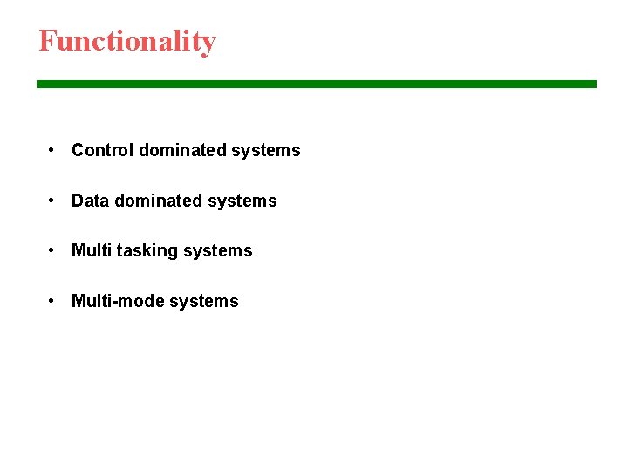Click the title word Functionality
[x=127, y=41]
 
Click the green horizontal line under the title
[x=316, y=84]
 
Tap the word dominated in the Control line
[x=181, y=150]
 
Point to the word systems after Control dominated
[x=265, y=151]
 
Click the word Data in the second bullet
[x=91, y=201]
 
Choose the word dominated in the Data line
[x=158, y=201]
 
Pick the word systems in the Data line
[x=242, y=201]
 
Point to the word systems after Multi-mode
[x=203, y=302]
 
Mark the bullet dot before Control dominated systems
[x=53, y=150]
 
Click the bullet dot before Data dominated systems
[x=53, y=201]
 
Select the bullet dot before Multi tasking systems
[x=53, y=250]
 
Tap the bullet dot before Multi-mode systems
[x=53, y=301]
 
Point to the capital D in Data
[x=78, y=201]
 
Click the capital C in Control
[x=78, y=150]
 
